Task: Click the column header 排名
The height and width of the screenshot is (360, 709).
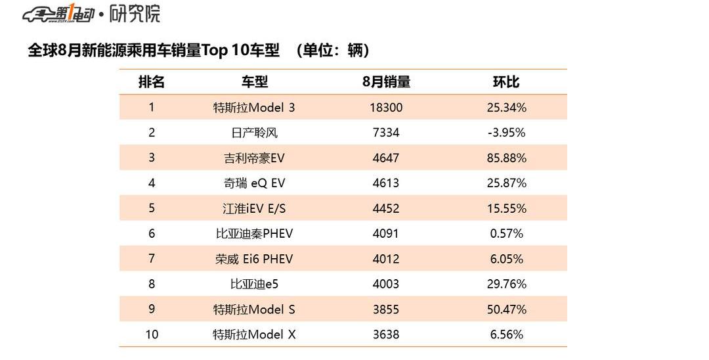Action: pos(151,82)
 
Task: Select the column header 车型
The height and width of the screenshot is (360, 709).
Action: pos(255,82)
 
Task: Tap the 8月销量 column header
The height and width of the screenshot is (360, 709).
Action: pos(386,82)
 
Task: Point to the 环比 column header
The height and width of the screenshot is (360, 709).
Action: pos(506,82)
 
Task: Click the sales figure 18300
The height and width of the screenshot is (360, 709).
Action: pos(386,107)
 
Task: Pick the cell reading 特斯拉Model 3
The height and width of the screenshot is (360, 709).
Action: pos(254,107)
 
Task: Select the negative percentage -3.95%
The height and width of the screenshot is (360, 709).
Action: pos(506,133)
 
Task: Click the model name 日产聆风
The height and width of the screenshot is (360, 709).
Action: pos(254,133)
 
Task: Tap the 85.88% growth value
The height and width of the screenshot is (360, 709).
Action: pos(506,158)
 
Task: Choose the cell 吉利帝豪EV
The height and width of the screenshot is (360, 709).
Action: pos(254,158)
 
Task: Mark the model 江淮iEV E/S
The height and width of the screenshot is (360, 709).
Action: pos(254,209)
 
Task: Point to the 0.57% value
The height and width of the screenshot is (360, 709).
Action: pos(506,234)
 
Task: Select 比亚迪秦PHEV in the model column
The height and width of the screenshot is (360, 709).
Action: pos(254,234)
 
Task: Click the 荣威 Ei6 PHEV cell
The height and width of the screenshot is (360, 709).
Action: pos(254,259)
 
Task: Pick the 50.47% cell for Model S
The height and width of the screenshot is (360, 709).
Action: pos(506,309)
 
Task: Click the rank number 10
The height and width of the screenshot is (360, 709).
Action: pos(152,335)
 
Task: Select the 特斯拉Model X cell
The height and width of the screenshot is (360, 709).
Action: pos(254,335)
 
